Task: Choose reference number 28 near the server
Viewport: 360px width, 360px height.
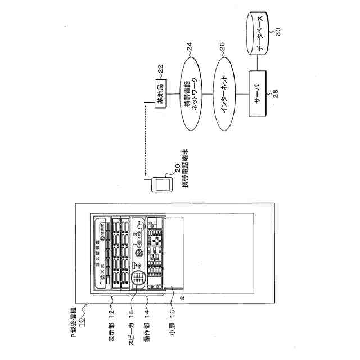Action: click(x=276, y=92)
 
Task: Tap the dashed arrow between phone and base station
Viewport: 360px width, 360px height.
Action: click(x=145, y=141)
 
